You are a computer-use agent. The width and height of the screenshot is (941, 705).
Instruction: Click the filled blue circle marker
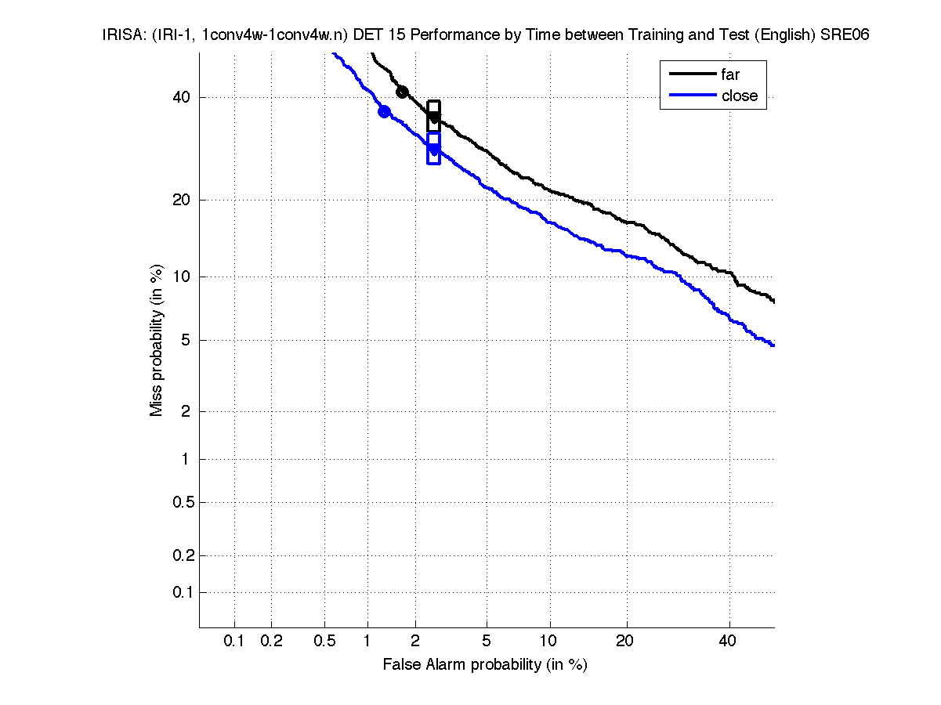point(384,111)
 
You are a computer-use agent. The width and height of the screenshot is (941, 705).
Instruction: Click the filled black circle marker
point(402,92)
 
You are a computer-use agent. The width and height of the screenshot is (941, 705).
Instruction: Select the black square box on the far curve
point(433,116)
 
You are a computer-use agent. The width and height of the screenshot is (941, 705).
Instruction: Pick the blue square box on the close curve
point(433,147)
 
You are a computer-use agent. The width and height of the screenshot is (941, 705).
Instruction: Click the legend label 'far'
point(730,75)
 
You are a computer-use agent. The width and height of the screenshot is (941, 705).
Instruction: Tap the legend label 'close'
point(740,96)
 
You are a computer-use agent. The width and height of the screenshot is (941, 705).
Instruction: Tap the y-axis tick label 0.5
point(182,502)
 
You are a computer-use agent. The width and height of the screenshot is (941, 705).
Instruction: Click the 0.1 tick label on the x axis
point(234,642)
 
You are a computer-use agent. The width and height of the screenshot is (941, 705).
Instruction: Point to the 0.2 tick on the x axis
point(271,642)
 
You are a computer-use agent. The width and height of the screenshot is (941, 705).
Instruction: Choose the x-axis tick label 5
point(487,642)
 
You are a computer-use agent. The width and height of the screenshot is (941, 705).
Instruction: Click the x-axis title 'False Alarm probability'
point(485,665)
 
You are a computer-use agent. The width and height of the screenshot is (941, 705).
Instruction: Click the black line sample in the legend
point(693,75)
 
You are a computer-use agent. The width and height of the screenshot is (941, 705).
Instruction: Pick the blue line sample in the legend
point(693,96)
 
